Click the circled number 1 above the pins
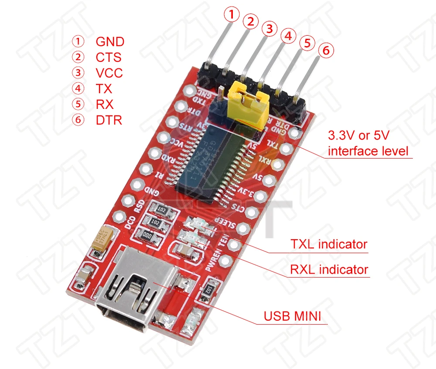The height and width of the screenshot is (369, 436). click(232, 15)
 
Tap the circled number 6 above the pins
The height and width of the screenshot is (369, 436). click(325, 51)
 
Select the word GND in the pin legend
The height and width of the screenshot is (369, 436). click(110, 42)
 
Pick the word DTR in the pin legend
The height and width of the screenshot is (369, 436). click(109, 120)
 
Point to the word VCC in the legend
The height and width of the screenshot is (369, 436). click(109, 73)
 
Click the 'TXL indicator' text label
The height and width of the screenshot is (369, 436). click(329, 244)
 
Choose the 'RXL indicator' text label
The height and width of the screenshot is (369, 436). click(329, 270)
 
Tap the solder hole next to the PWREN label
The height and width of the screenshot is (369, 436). click(225, 261)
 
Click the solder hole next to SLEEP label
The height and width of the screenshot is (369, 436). click(243, 228)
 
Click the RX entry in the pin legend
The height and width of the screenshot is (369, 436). click(105, 104)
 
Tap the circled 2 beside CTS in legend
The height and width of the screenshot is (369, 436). click(78, 57)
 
